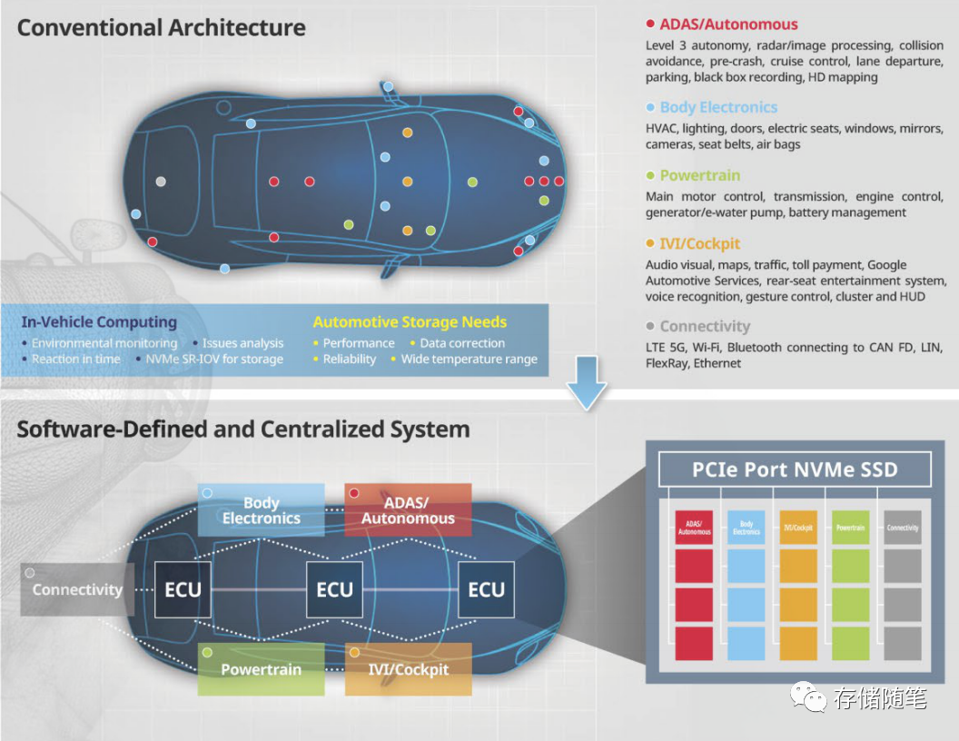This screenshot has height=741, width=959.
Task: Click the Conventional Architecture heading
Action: coord(161,27)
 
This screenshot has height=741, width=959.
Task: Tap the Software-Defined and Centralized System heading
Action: coord(243,429)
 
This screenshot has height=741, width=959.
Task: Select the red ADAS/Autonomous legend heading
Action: coord(728,25)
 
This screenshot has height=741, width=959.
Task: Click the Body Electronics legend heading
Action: coord(718,107)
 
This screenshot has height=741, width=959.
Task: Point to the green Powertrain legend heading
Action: coord(699,175)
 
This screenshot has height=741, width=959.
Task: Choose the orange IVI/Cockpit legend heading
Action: coord(699,243)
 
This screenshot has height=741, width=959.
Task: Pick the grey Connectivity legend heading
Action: coord(705,326)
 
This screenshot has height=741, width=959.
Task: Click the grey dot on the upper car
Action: coord(161,182)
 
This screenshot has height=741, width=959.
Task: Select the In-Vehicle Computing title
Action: coord(99,321)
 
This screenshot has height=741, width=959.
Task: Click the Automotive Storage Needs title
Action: coord(410,321)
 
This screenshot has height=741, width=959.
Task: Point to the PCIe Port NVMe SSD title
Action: coord(795,469)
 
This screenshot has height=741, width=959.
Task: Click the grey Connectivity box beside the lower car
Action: coord(77,589)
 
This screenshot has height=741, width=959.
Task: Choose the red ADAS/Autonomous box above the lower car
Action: coord(408,510)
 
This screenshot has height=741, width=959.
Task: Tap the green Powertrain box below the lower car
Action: coord(261,669)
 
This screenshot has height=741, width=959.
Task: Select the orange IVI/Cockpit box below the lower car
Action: coord(408,669)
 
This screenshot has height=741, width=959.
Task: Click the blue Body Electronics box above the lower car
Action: coord(261,510)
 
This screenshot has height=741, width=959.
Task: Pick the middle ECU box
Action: coord(334,589)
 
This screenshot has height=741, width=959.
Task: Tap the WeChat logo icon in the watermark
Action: coord(806,697)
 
